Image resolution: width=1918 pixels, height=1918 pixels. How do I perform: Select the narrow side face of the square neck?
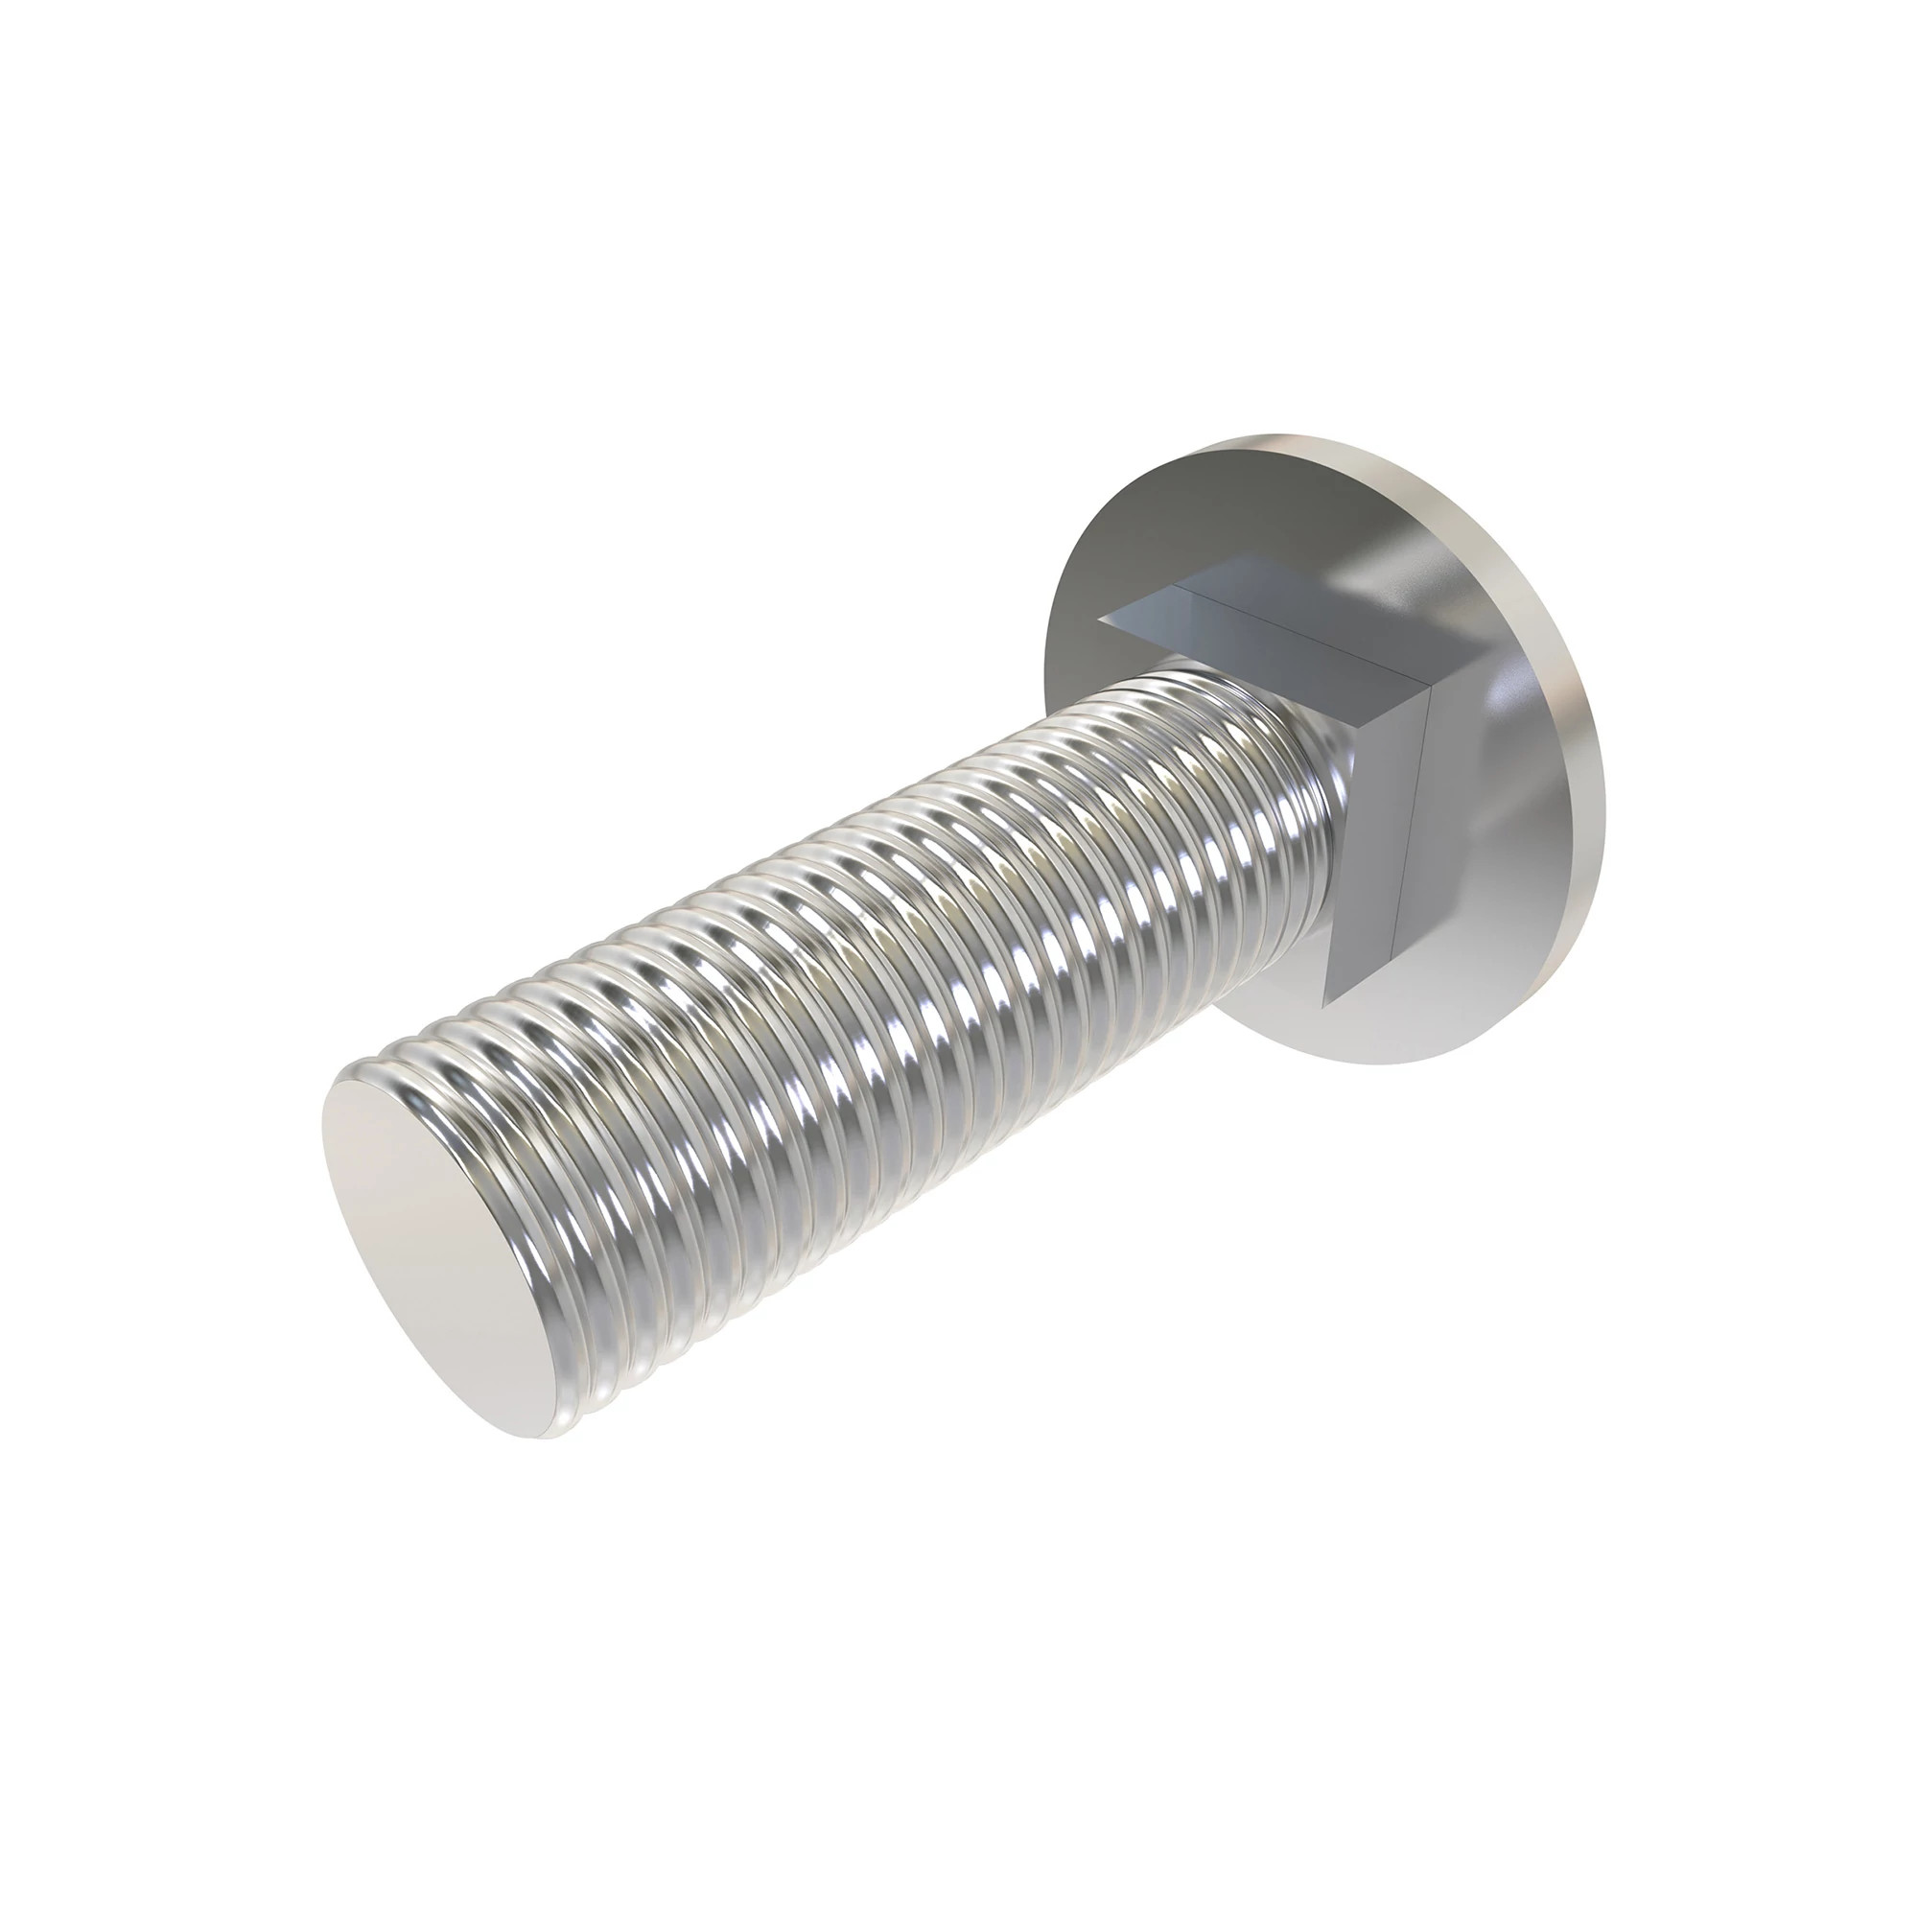pos(1380,844)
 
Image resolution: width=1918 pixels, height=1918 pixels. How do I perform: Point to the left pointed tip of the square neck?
pos(1100,618)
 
